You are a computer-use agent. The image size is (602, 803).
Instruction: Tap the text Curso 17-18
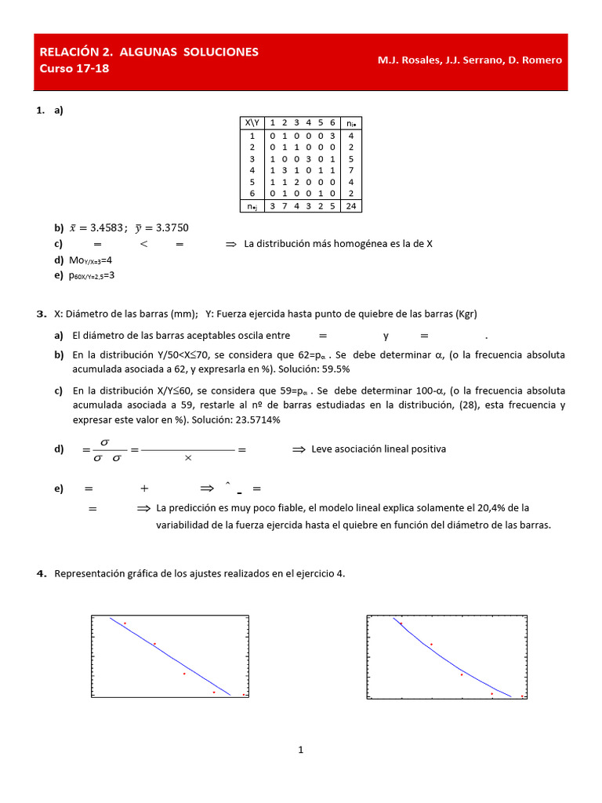74,68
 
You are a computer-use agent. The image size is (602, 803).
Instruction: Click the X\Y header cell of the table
252,122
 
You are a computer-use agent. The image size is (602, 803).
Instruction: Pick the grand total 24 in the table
351,206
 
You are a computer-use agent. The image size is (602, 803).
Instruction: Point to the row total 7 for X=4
351,169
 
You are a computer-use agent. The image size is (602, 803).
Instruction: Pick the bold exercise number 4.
42,574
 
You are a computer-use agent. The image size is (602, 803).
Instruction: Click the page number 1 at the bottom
300,750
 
